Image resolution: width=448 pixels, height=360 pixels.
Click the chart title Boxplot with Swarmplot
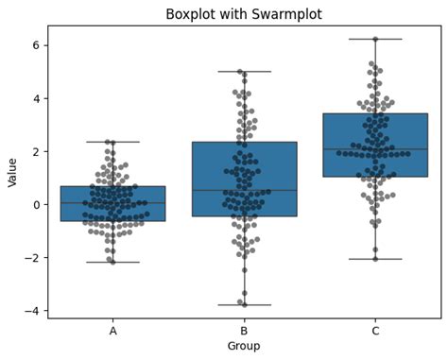tap(243, 14)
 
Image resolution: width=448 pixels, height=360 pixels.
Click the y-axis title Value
tap(13, 171)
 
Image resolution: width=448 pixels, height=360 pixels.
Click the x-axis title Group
tap(243, 346)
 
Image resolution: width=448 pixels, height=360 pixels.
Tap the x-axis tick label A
tap(113, 331)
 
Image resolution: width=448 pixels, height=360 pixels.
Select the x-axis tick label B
tap(244, 331)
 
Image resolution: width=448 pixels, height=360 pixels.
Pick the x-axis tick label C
tap(375, 331)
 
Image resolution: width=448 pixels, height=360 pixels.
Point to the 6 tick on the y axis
tap(35, 45)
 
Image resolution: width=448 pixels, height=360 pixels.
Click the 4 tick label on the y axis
tap(35, 98)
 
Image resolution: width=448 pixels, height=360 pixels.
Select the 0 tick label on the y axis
tap(35, 204)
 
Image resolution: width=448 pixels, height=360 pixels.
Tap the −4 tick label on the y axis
tap(32, 311)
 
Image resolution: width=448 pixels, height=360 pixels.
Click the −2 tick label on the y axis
tap(32, 258)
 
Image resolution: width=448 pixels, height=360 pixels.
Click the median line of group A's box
tap(113, 202)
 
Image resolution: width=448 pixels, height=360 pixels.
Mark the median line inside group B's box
tap(244, 190)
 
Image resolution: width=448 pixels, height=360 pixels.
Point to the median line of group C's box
tap(375, 149)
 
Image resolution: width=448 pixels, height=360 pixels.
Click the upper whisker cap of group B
tap(244, 72)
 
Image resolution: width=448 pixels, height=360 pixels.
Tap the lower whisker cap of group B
tap(244, 304)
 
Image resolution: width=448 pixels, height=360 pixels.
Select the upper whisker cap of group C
tap(375, 39)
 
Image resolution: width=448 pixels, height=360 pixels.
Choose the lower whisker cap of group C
tap(375, 259)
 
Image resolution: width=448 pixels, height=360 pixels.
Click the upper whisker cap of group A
tap(113, 142)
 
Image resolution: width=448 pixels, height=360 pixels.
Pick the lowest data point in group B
tap(244, 303)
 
